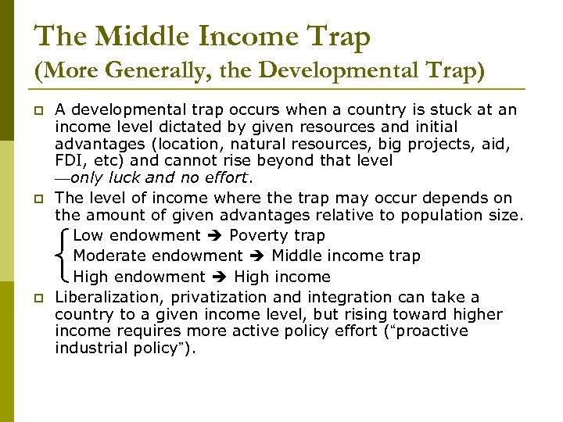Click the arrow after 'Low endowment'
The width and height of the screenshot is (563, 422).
[x=215, y=236]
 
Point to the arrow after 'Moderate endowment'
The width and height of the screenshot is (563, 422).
[x=257, y=256]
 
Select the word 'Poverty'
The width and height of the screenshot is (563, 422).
[x=258, y=236]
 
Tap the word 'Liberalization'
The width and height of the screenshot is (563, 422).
[x=106, y=298]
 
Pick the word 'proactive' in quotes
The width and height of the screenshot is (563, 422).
[x=432, y=331]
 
